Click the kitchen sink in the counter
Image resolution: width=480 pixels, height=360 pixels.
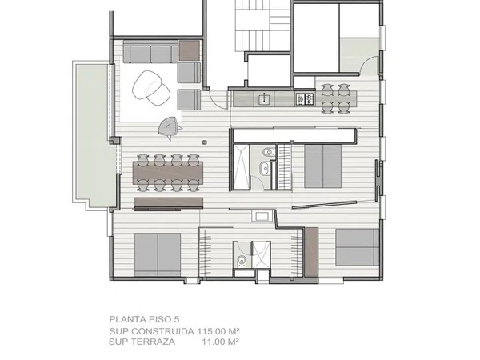(263, 99)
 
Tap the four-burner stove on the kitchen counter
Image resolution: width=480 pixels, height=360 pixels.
(305, 98)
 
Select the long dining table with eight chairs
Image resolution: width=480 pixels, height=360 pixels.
(168, 173)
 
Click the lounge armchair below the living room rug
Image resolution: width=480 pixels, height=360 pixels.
(169, 126)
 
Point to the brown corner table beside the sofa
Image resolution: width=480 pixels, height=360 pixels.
(189, 50)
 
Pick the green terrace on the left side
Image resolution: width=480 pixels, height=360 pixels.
(94, 134)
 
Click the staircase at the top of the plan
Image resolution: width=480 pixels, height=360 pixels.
(262, 26)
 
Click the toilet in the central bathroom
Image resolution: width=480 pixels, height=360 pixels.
(268, 151)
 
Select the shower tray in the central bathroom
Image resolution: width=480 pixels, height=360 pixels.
(242, 167)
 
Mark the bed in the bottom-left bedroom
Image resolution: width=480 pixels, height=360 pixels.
(158, 254)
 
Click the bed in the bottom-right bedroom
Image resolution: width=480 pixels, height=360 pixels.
(358, 247)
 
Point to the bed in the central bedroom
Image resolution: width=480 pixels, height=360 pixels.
(323, 166)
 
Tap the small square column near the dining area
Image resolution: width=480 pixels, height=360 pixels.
(205, 142)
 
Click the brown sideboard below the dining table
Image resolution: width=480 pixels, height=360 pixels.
(169, 202)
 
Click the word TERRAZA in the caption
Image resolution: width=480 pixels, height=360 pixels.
(153, 342)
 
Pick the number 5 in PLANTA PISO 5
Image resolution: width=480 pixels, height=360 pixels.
(176, 319)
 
